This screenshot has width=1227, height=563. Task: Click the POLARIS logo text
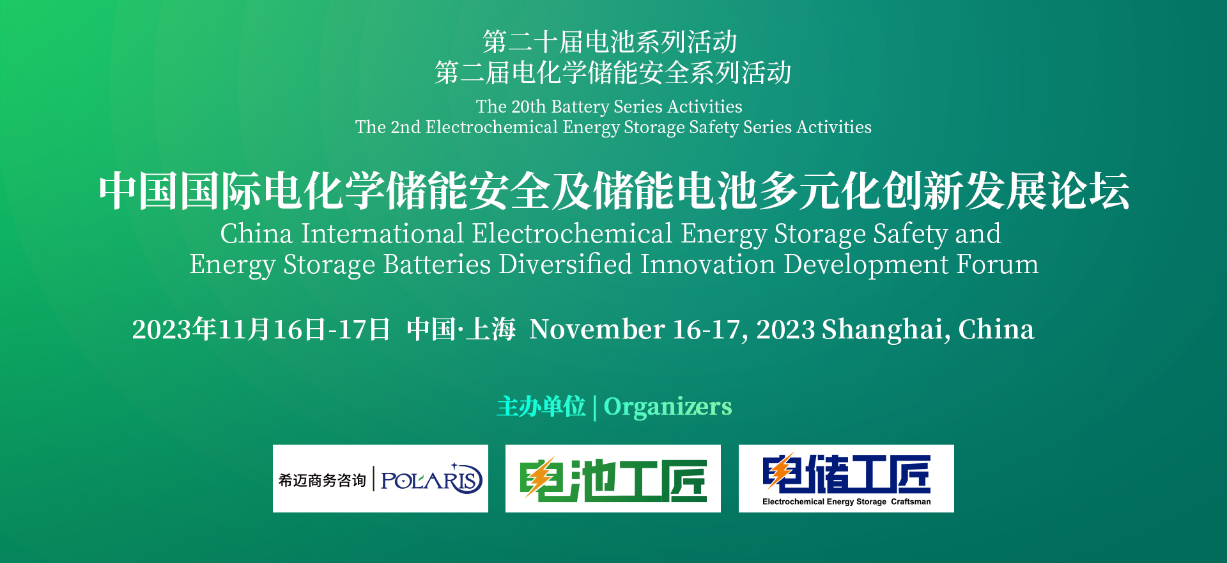431,480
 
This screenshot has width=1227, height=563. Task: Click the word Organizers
668,407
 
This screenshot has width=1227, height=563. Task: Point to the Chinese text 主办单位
541,407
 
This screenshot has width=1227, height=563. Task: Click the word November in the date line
597,330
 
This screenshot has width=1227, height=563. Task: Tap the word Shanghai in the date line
882,330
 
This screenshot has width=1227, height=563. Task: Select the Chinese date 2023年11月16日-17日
261,330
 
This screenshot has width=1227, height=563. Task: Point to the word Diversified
566,265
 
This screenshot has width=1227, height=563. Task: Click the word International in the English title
382,234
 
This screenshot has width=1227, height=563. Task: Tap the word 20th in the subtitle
529,107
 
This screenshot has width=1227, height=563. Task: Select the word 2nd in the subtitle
405,127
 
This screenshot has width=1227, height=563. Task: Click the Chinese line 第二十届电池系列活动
610,42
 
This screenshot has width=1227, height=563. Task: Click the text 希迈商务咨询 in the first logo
322,480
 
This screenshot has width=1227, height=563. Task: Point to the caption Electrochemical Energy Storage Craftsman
846,502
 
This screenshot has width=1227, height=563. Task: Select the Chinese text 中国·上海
461,330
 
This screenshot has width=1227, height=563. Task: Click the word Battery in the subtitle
580,107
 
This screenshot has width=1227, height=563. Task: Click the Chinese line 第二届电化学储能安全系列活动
613,73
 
